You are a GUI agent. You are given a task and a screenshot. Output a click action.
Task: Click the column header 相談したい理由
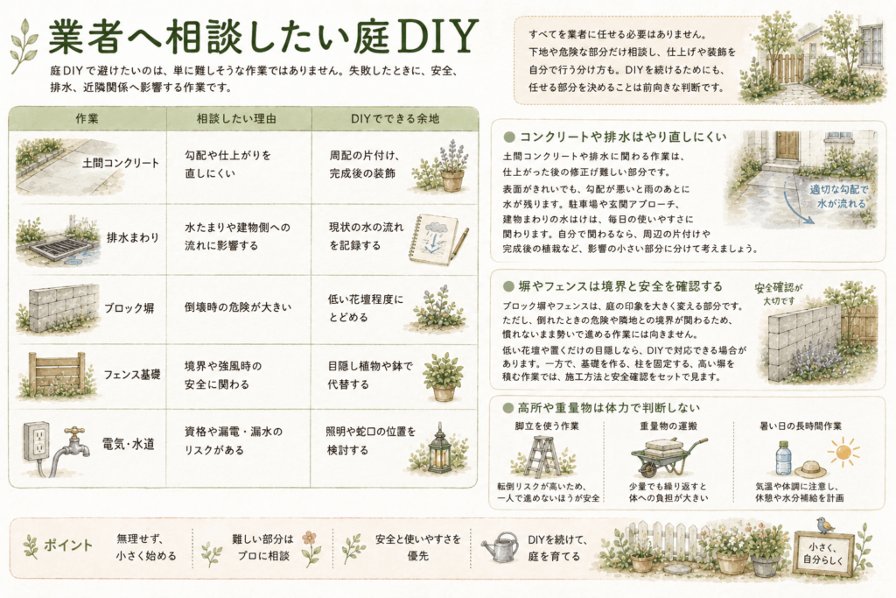coord(236,118)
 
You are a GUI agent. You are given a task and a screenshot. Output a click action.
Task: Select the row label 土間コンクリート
coord(121,163)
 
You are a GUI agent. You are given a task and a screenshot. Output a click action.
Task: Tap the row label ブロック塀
coord(129,308)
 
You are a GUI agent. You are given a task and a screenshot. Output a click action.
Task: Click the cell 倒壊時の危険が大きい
coord(238,307)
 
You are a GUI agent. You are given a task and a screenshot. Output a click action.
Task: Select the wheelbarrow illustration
coord(668,455)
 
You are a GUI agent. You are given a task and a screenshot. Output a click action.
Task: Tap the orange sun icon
coord(843,452)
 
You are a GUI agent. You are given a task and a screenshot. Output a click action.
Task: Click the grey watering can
coord(500,548)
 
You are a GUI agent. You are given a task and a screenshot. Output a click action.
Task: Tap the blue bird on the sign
coord(823,524)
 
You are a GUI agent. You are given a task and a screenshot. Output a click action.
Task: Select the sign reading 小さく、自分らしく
coord(822,553)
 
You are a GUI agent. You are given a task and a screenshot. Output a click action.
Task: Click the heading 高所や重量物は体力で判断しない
coord(609,408)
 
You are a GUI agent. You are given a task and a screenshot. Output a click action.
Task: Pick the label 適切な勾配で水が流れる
coord(838,196)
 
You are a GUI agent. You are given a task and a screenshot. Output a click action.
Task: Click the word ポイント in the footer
coord(68,545)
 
